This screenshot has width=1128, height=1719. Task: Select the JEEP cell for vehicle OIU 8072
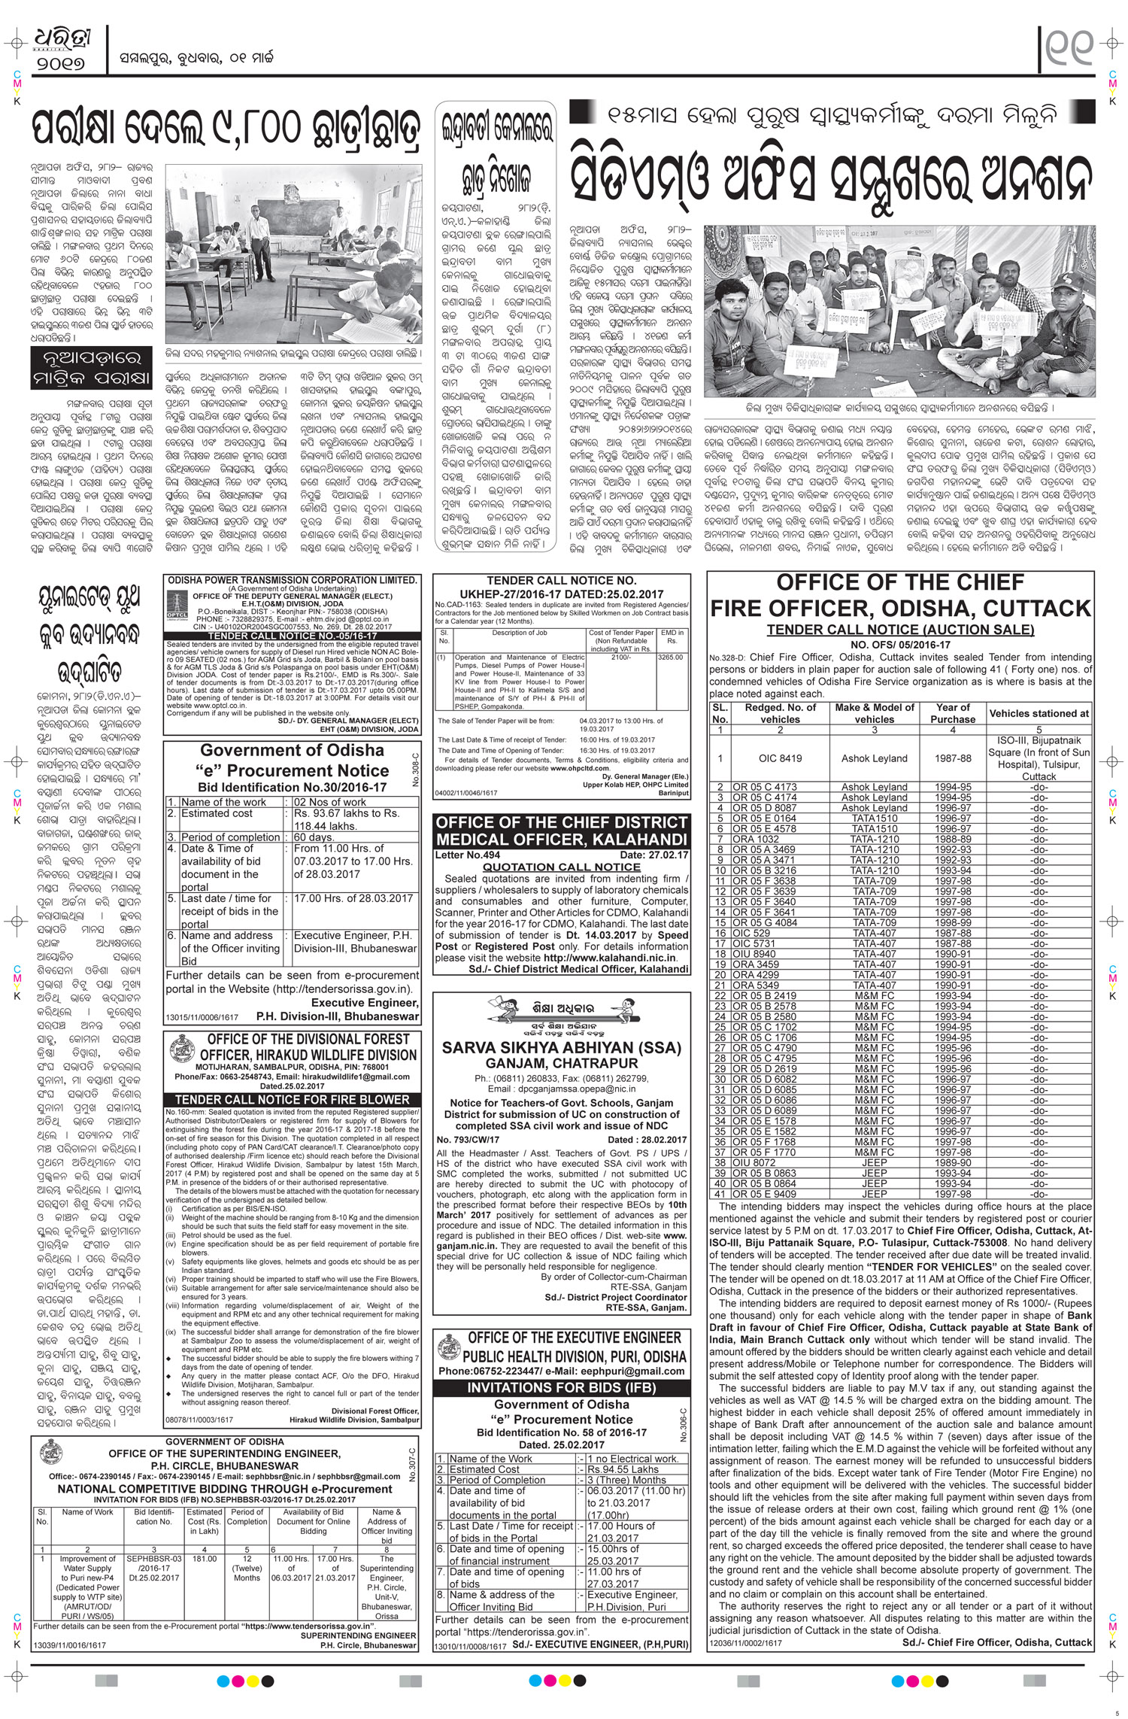point(874,1183)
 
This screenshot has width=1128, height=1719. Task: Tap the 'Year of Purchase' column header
point(953,713)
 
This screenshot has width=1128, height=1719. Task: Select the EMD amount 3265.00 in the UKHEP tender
point(670,657)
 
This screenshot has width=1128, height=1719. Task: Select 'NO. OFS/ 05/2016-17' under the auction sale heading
point(900,645)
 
